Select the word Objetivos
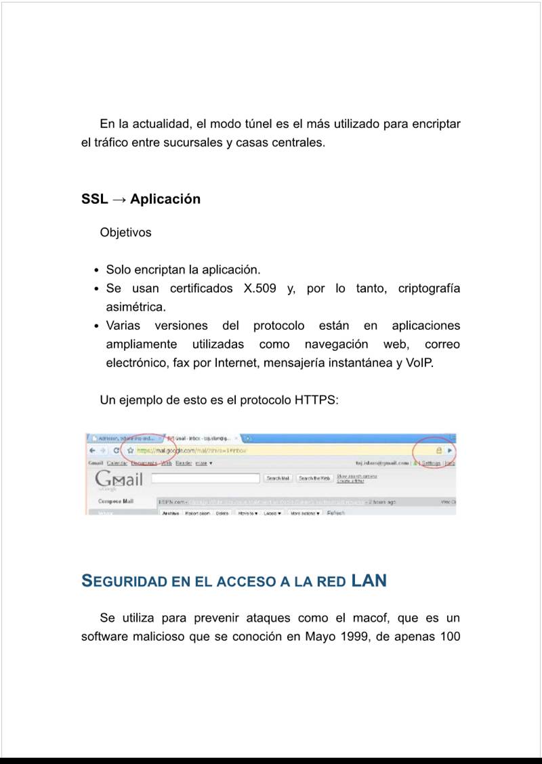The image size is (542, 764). [125, 232]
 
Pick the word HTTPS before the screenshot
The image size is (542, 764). [315, 400]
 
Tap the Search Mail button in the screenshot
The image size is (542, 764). [278, 478]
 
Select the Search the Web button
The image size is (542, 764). [314, 478]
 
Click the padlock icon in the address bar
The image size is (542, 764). [439, 450]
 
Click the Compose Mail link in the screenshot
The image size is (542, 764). [116, 502]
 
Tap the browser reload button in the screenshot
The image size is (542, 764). [117, 450]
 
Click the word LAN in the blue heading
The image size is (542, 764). [369, 580]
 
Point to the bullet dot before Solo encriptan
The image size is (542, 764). [99, 270]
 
